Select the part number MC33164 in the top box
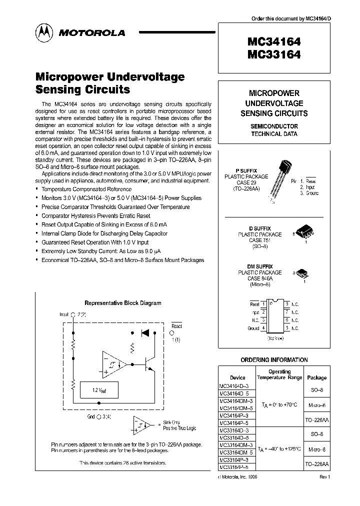pos(273,54)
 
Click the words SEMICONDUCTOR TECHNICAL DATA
pos(274,130)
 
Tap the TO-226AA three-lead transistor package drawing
pos(277,180)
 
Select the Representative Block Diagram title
pos(122,302)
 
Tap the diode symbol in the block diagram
pos(145,331)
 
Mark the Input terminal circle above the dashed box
pos(73,315)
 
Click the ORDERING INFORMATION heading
pos(274,359)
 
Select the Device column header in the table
pos(237,378)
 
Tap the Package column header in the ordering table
pos(316,377)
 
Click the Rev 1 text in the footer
pos(325,477)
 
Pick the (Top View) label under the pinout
pos(273,338)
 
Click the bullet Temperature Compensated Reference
pos(86,189)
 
